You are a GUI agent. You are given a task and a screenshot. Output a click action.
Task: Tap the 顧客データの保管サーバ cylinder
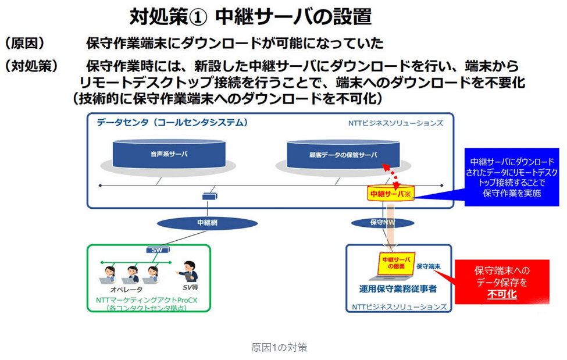343,155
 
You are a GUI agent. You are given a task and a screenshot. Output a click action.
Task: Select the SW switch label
156,250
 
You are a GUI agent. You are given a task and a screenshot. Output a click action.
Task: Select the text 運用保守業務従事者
398,287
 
